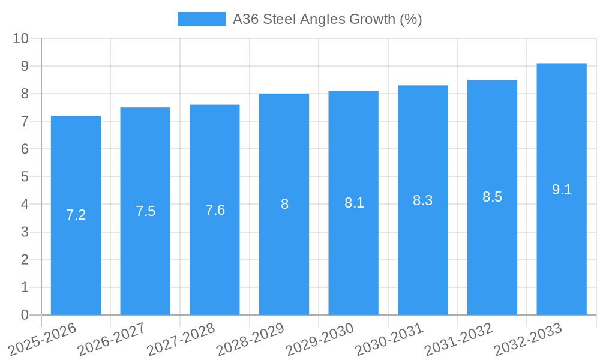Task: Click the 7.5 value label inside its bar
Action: tap(145, 211)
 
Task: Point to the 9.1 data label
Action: tap(562, 190)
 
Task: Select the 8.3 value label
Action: tap(422, 200)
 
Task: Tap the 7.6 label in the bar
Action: tap(215, 210)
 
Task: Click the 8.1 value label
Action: tap(353, 203)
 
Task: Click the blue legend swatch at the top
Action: tap(201, 19)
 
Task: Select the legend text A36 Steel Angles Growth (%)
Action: tap(328, 19)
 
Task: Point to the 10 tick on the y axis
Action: tap(20, 38)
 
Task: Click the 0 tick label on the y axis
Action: tap(25, 315)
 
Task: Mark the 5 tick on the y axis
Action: tap(25, 177)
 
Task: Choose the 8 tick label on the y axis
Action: tap(25, 94)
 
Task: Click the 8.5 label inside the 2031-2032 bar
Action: tap(492, 197)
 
